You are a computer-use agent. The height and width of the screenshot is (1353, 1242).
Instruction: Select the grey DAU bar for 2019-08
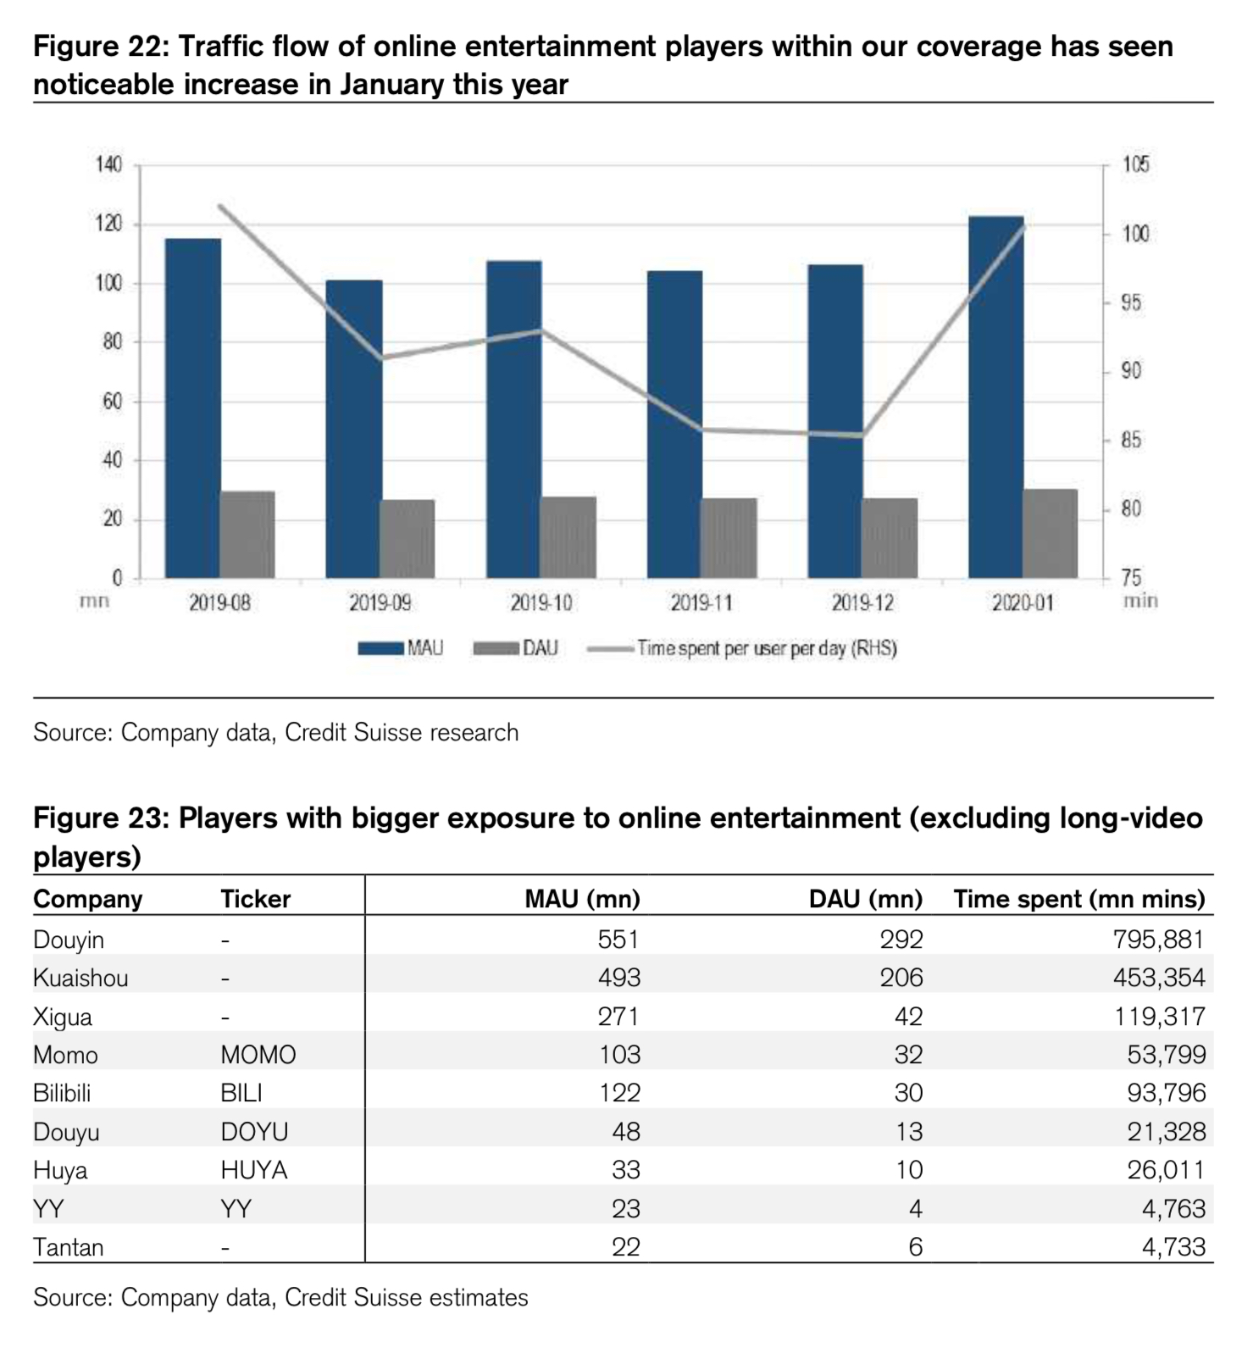coord(247,535)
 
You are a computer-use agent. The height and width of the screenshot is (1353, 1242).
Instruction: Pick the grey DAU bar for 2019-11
coord(729,538)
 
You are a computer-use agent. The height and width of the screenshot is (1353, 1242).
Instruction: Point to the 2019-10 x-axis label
coord(541,603)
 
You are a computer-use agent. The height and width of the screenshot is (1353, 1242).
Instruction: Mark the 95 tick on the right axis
coord(1131,302)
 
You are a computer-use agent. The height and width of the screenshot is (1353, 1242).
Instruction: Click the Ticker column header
coord(255,899)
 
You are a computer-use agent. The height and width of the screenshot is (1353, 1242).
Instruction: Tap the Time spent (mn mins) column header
coord(1078,899)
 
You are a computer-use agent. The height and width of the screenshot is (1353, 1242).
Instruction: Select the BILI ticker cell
coord(241,1093)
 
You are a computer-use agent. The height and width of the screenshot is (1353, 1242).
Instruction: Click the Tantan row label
coord(68,1247)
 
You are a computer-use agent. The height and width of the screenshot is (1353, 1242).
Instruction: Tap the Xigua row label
coord(62,1017)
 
